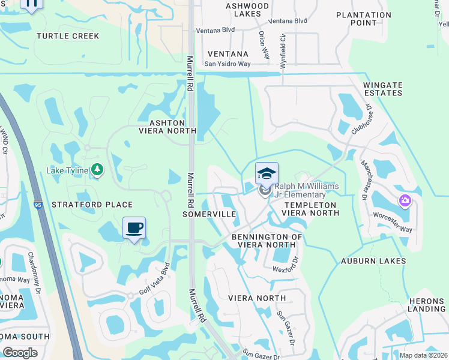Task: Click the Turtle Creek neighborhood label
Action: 68,36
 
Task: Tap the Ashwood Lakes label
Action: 247,10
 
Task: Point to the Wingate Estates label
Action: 382,89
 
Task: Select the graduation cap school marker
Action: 267,175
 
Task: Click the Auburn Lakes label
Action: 373,261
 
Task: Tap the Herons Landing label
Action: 426,305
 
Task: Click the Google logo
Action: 20,353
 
